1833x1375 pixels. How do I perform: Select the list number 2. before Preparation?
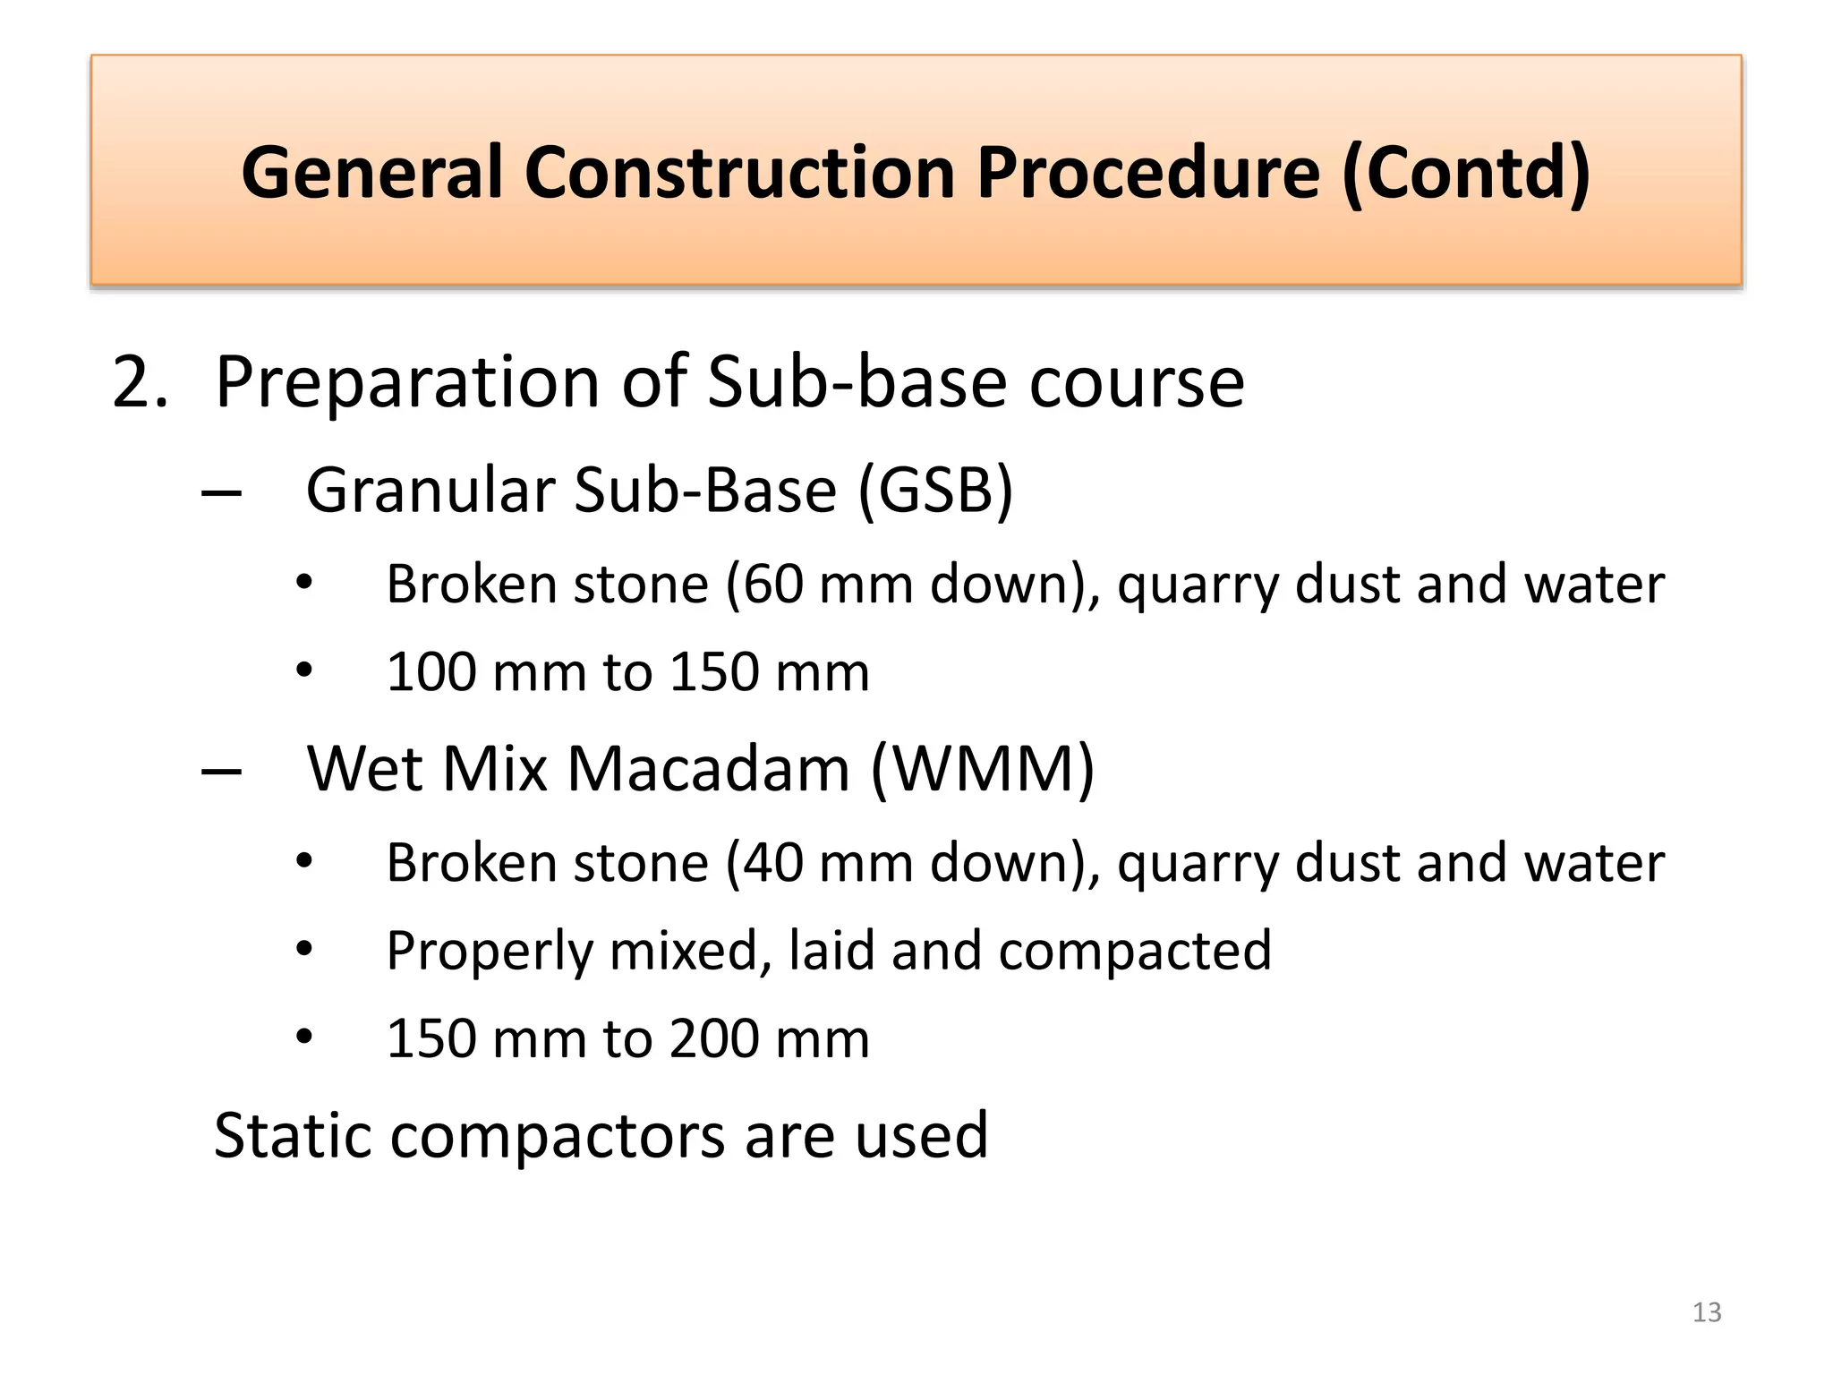click(x=141, y=383)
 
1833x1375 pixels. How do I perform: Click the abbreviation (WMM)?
click(x=982, y=769)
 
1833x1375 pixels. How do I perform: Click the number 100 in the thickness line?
click(x=431, y=672)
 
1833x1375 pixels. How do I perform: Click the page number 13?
click(x=1707, y=1312)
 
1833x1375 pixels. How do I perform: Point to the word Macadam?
click(x=708, y=769)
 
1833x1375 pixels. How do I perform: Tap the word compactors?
click(x=558, y=1137)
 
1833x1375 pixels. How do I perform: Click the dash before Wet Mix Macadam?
click(x=222, y=771)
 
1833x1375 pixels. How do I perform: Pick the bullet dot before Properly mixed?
click(x=304, y=949)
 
